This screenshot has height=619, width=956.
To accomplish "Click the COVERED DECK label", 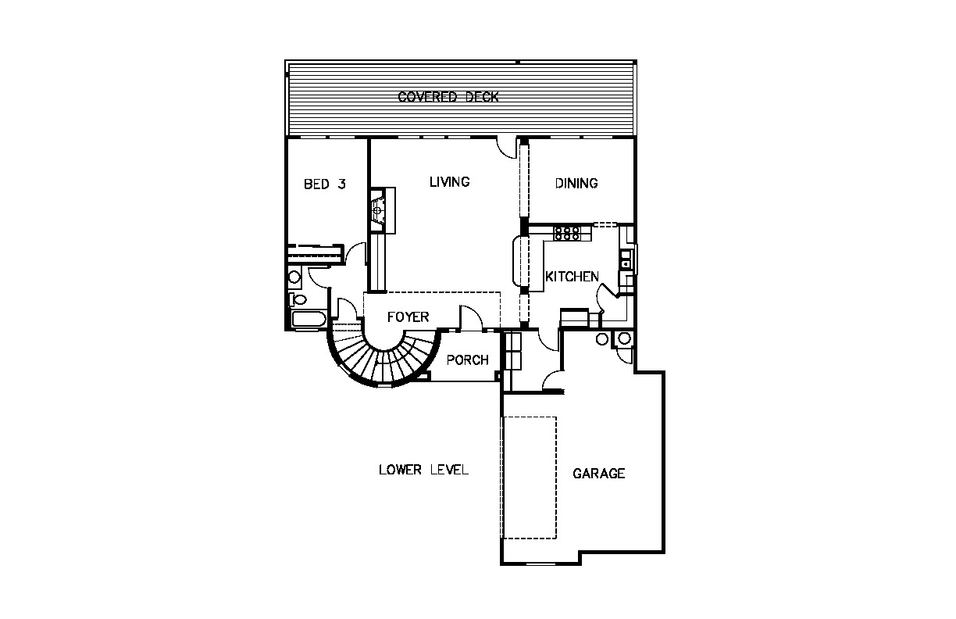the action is pos(448,97).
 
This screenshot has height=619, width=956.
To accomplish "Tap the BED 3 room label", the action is pos(324,184).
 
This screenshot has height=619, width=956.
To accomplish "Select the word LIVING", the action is pos(449,182).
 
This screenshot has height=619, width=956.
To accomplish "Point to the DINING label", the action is pos(576,183).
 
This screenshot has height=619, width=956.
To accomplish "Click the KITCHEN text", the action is pos(572,277).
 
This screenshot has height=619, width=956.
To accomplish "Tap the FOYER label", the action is pos(408,317).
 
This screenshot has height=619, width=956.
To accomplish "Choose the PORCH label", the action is pos(467,360).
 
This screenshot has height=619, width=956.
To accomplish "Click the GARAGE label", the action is pos(599,474).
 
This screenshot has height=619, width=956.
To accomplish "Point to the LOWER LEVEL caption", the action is pos(423,470).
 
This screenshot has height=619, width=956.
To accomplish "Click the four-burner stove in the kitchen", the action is pos(567,233).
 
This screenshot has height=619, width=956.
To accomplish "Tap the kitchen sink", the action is pos(626,258).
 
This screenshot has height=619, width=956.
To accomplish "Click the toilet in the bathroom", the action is pos(298,299).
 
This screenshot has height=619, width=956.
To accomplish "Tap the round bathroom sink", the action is pos(294,277).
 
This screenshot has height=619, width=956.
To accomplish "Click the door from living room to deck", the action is pos(507,148).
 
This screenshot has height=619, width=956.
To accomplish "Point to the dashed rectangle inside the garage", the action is pos(530,478).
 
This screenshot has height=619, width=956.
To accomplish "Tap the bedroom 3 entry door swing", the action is pos(355,253).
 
